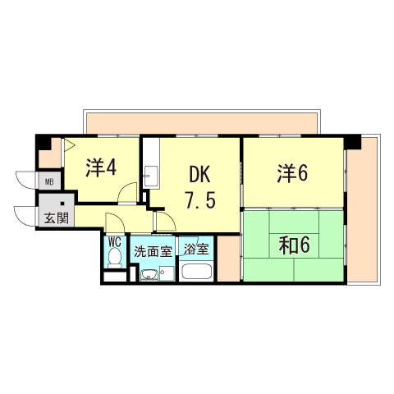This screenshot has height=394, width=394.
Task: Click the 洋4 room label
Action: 101,167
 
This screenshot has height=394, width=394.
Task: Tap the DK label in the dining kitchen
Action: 199,175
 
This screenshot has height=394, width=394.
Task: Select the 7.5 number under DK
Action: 200,199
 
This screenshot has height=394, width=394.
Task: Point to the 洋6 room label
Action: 292,173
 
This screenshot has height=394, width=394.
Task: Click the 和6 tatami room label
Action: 294,245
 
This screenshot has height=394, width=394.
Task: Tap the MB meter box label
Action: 49,181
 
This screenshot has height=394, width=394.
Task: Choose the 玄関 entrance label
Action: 56,218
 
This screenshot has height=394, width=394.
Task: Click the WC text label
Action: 115,242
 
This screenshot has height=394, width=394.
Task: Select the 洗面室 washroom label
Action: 153,251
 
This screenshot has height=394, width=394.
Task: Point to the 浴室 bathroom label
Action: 196,249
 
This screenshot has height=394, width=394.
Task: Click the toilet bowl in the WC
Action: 115,258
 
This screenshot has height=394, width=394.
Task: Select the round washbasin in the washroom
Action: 149,275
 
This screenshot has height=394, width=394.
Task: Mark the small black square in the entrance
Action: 62,204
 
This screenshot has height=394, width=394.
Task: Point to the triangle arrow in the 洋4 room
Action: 69,145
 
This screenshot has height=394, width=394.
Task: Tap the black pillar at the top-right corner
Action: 353,141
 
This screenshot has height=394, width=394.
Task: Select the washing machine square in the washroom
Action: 167,273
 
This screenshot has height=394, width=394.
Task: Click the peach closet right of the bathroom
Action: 228,259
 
